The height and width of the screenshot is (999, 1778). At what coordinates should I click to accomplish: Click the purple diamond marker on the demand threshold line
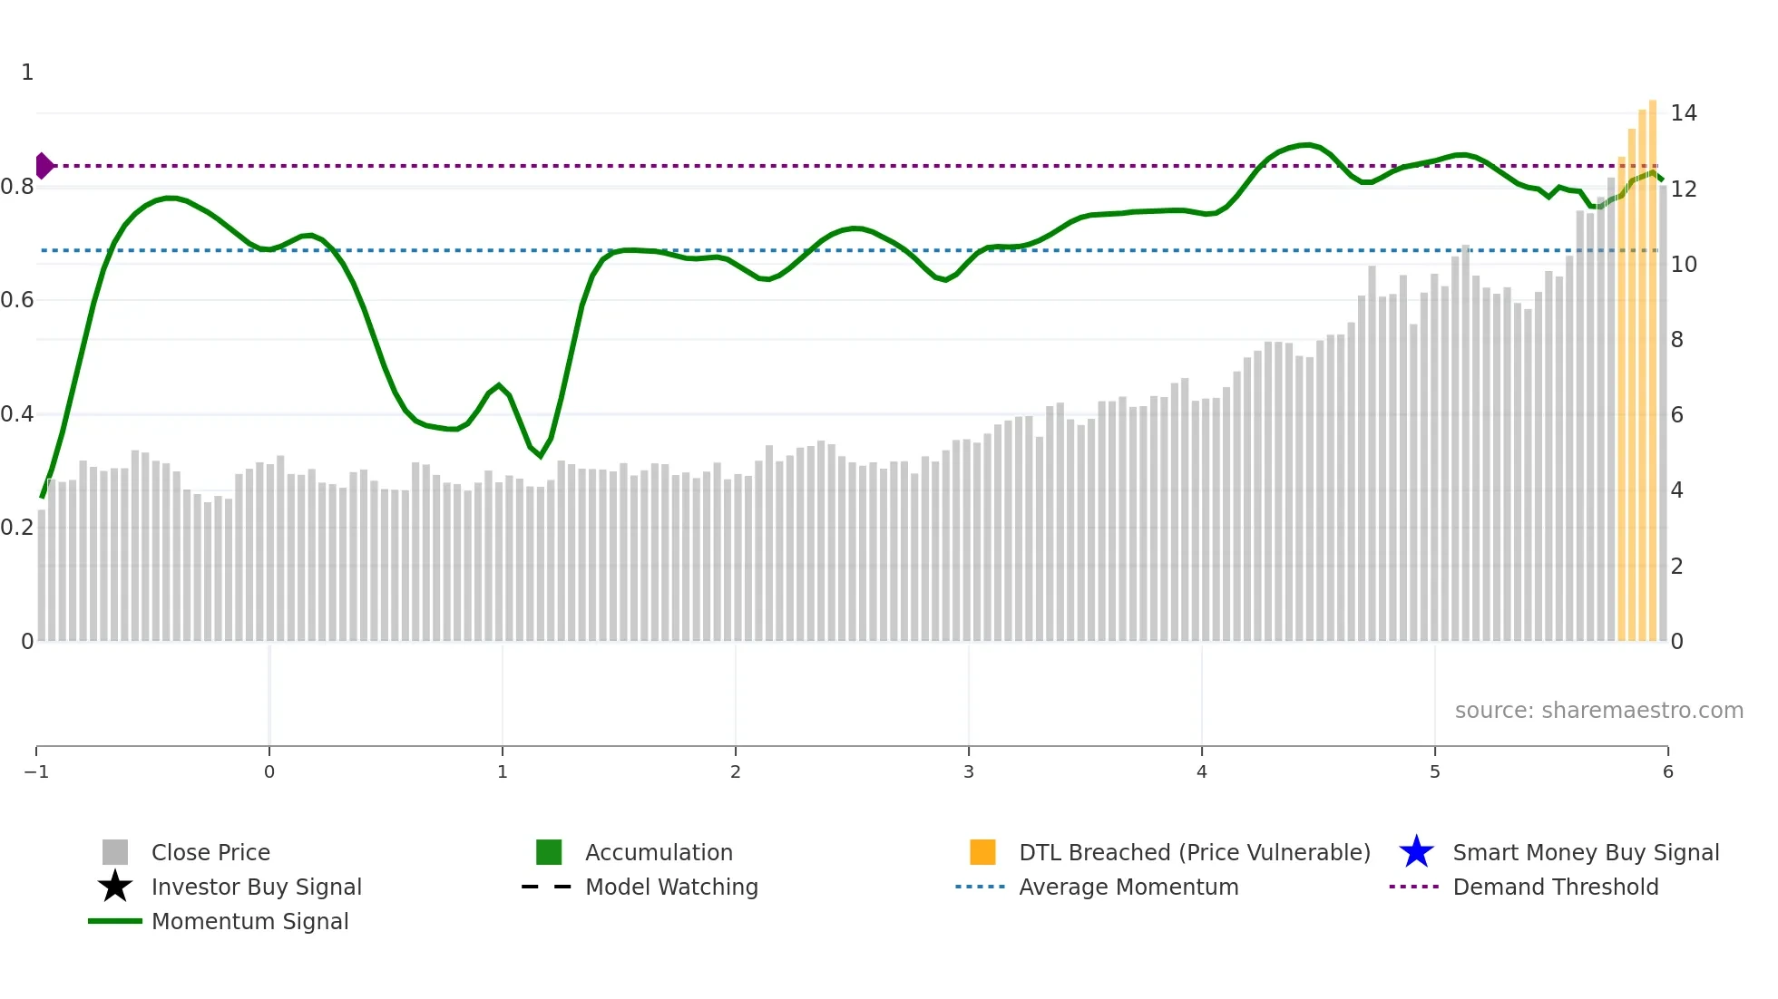coord(44,166)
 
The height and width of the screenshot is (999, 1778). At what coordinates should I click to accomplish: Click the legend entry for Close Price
coord(210,852)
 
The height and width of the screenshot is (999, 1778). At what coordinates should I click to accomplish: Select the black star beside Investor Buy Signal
coord(115,887)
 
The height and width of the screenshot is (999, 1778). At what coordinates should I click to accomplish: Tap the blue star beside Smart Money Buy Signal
coord(1416,852)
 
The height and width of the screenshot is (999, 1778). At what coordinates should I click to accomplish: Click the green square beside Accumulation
coord(549,852)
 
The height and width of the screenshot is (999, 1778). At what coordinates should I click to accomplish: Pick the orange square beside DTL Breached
coord(982,852)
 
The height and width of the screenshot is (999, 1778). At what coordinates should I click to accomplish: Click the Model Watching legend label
coord(671,887)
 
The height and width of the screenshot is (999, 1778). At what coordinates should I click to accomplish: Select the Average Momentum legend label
coord(1128,887)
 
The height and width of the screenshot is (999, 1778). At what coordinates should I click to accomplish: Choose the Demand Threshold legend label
coord(1555,887)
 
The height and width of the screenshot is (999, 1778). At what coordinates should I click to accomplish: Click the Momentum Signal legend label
coord(249,921)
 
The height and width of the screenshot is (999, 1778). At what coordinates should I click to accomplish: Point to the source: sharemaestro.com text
coord(1598,710)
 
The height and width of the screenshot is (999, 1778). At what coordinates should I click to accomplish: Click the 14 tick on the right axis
coord(1684,113)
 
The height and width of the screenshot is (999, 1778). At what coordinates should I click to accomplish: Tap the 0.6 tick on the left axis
coord(17,300)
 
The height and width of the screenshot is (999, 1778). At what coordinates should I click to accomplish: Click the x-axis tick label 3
coord(969,771)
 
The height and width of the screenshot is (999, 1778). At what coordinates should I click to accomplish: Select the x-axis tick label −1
coord(36,771)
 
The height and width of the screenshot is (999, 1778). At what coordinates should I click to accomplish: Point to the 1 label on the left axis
coord(27,73)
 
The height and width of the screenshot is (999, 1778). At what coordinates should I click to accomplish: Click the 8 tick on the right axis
coord(1677,340)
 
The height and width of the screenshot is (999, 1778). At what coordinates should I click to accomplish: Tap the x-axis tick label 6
coord(1667,771)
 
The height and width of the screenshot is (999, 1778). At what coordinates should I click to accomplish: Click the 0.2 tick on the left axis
coord(17,528)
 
